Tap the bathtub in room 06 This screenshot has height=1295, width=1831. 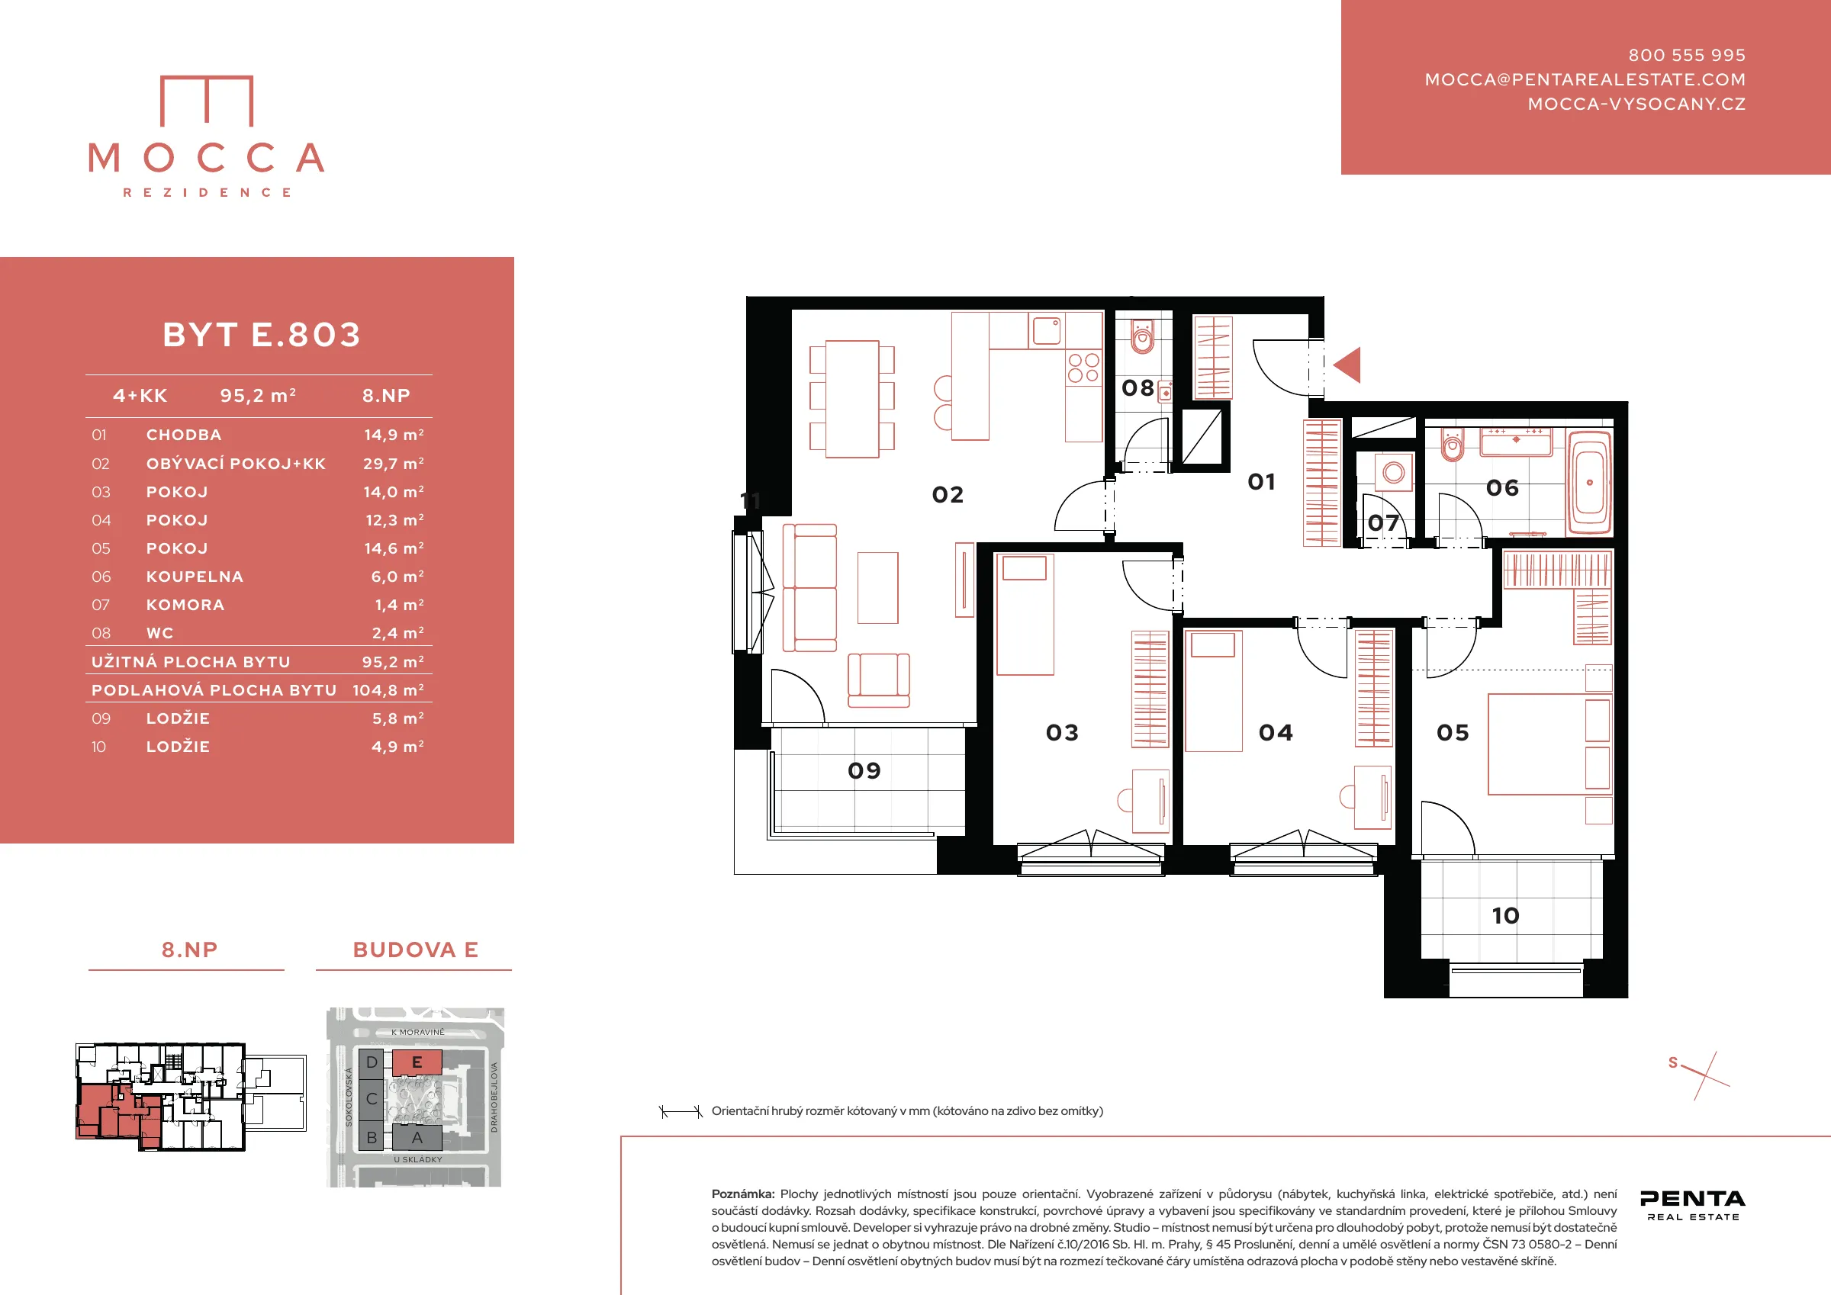tap(1589, 483)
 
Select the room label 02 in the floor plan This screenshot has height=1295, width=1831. tap(948, 495)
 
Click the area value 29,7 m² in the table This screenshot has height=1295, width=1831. tap(394, 463)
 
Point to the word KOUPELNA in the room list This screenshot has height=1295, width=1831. tap(195, 577)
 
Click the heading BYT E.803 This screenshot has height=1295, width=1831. tap(262, 335)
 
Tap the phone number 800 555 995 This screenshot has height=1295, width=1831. tap(1687, 55)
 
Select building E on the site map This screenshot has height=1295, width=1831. tap(417, 1062)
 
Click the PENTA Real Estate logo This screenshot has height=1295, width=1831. tap(1692, 1205)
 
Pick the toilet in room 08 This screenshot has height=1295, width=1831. tap(1143, 337)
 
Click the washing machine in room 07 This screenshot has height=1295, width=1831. tap(1394, 473)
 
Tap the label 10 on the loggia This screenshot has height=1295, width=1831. tap(1506, 915)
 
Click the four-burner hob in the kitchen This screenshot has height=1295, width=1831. tap(1083, 368)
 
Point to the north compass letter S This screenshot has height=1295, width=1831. tap(1673, 1063)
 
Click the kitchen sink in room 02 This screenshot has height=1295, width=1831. tap(1047, 330)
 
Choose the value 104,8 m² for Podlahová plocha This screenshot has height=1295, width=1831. tap(388, 689)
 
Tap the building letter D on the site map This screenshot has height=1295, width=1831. tap(372, 1062)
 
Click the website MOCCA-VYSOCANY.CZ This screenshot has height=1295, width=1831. tap(1636, 104)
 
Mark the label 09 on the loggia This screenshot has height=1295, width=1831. tap(864, 771)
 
